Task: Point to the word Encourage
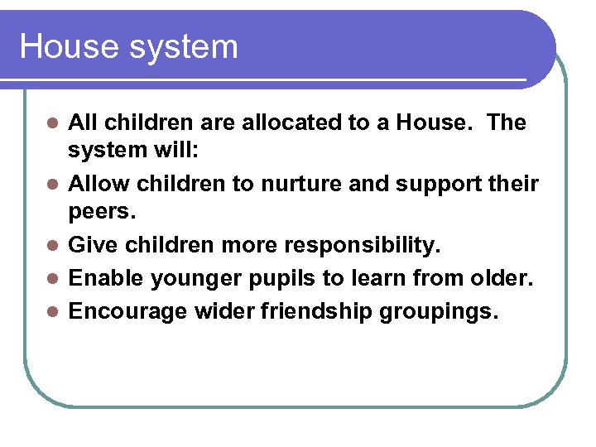pyautogui.click(x=127, y=310)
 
